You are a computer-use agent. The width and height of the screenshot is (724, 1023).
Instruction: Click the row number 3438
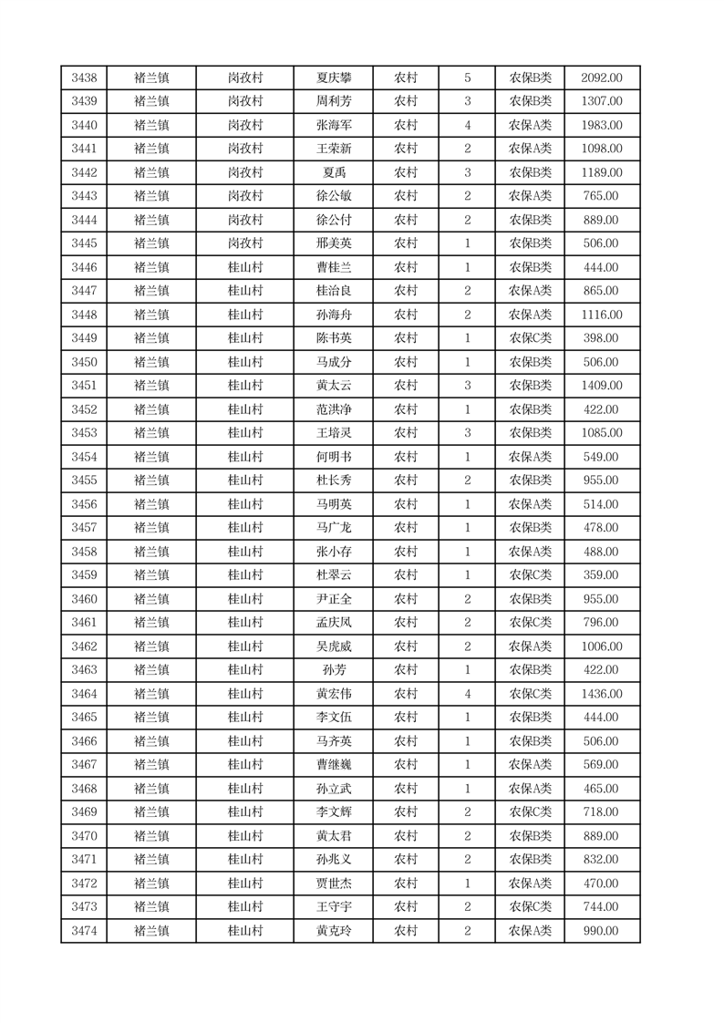(x=84, y=77)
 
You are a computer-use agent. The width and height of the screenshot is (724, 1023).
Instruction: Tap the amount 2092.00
(x=602, y=77)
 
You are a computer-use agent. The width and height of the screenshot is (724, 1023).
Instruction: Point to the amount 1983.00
(x=602, y=125)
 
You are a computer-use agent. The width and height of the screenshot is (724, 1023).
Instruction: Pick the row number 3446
(x=84, y=267)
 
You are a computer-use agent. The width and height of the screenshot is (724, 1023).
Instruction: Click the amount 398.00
(x=602, y=338)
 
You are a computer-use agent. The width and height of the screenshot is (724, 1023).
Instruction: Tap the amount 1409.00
(x=602, y=386)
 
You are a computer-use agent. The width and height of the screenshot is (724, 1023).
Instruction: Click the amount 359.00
(x=602, y=575)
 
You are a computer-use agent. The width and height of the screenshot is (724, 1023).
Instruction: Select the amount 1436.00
(x=602, y=694)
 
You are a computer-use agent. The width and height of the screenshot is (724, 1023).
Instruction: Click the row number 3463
(x=84, y=670)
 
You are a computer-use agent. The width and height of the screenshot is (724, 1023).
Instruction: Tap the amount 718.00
(x=602, y=812)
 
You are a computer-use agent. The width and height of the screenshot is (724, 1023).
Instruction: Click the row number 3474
(x=84, y=931)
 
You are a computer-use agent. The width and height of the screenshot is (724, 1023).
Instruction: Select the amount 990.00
(x=602, y=931)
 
